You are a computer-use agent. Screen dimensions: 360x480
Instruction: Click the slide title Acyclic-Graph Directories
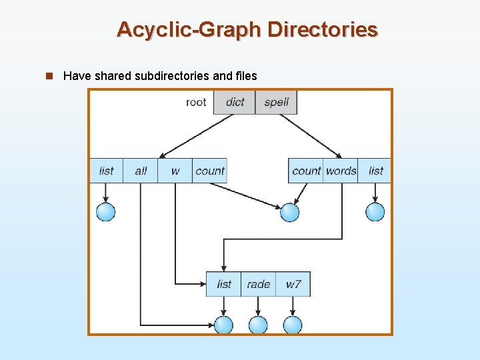pos(247,29)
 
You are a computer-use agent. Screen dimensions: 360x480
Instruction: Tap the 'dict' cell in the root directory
pos(235,102)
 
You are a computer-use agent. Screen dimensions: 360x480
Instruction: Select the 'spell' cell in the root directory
pos(276,102)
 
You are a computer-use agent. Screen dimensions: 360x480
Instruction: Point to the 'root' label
pos(196,102)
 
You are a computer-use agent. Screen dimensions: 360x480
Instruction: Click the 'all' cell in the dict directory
pos(141,171)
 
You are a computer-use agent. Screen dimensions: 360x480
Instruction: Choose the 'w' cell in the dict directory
pos(175,171)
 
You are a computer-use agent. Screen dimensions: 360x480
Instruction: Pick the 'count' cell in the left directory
pos(209,171)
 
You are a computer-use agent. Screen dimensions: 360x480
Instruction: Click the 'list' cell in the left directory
pos(106,171)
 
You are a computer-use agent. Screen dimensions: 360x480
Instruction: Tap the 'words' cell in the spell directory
pos(341,171)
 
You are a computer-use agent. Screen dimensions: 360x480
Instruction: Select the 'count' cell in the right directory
pos(306,171)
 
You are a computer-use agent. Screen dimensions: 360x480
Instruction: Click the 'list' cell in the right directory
pos(375,171)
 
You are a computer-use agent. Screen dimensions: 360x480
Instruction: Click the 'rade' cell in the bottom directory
pos(258,284)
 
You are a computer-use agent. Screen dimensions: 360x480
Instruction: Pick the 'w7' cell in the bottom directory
pos(293,284)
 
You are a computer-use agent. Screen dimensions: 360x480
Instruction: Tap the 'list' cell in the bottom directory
pos(224,284)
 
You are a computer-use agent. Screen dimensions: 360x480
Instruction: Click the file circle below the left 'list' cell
pos(106,212)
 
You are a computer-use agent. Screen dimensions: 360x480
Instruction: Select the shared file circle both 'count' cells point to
pos(289,212)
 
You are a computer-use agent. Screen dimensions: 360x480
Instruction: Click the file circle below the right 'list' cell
pos(375,212)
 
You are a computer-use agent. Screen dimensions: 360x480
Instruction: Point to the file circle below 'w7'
pos(293,325)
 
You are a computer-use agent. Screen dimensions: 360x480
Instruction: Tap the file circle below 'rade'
pos(258,325)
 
